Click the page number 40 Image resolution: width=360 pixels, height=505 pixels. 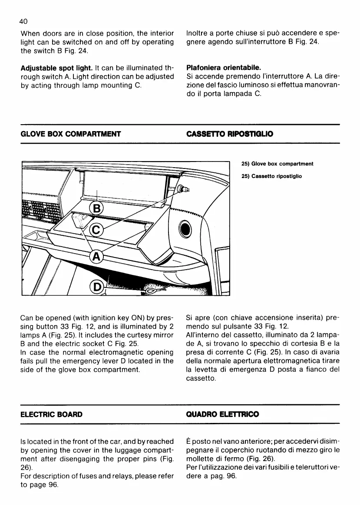pyautogui.click(x=25, y=21)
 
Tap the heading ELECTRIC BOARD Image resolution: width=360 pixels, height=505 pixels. pyautogui.click(x=52, y=414)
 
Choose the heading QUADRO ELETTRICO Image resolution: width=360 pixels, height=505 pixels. pyautogui.click(x=222, y=414)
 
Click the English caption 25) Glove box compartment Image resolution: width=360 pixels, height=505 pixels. pyautogui.click(x=277, y=164)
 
